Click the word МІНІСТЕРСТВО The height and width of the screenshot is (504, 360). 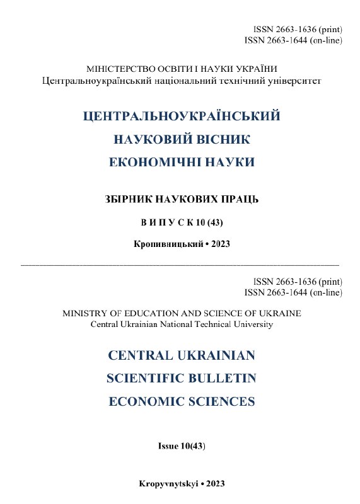(102, 69)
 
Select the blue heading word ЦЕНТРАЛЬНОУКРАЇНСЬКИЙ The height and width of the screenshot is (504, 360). (181, 117)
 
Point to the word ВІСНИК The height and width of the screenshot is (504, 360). (221, 139)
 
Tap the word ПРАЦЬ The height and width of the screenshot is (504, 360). (238, 200)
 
